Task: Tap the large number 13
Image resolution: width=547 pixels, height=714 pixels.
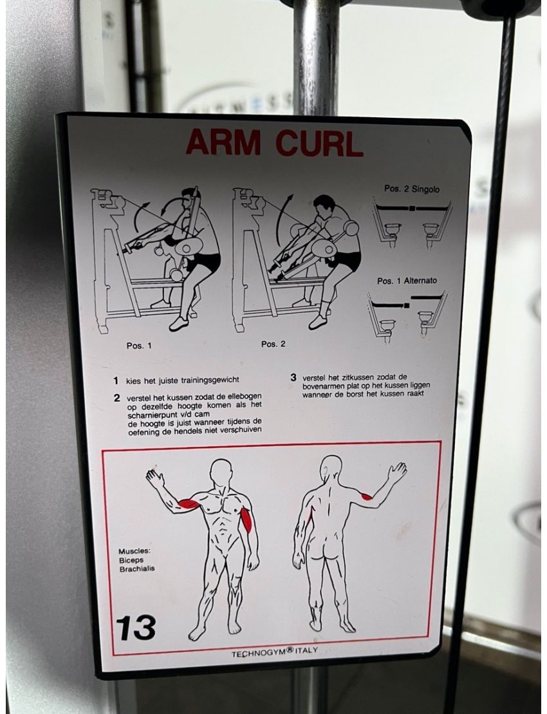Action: coord(136,626)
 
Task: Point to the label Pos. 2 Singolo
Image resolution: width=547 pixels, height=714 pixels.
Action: coord(412,189)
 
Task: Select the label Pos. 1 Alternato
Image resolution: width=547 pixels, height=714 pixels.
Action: coord(407,281)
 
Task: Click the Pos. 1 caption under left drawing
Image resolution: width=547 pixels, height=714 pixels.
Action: coord(139,345)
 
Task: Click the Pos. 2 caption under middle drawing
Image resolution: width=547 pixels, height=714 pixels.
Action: coord(273,344)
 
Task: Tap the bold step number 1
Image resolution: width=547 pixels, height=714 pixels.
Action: coord(116,380)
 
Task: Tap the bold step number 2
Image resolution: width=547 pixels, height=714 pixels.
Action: coord(116,398)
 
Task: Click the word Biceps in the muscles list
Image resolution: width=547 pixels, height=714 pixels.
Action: coord(131,560)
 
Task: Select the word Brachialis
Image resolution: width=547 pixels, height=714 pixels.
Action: coord(136,569)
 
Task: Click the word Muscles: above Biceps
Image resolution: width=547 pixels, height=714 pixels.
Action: coord(134,551)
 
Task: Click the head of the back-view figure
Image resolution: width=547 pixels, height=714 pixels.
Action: coord(331,468)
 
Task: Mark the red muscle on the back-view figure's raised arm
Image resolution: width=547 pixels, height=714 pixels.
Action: coord(366,496)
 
